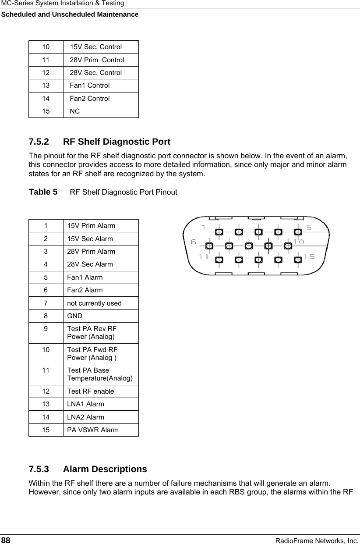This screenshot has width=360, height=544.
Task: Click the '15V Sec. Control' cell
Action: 96,47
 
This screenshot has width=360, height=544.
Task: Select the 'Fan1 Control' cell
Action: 90,85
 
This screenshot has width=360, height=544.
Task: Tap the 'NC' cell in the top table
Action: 75,111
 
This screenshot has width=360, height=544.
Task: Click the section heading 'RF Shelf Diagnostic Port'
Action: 116,142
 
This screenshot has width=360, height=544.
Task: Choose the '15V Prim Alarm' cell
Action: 91,226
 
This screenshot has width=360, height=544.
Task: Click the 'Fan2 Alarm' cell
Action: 85,290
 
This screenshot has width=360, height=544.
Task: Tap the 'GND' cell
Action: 74,316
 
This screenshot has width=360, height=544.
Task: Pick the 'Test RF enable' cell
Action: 90,391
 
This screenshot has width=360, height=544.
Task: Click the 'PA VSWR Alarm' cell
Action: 92,430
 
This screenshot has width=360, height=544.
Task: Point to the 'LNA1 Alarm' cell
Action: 85,404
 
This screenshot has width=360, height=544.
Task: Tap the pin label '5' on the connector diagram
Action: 309,227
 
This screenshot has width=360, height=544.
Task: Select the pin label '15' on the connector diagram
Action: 309,257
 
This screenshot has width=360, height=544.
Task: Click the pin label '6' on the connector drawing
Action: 194,242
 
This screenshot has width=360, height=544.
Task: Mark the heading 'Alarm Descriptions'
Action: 105,469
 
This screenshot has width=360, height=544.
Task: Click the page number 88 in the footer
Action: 6,540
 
